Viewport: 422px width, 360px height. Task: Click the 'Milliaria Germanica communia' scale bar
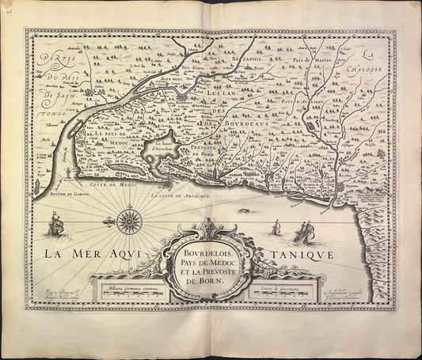coord(127,290)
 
